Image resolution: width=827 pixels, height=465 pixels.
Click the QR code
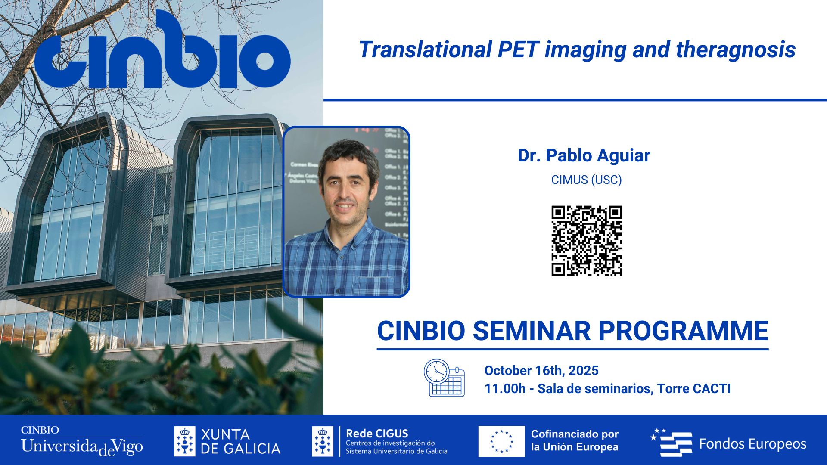pyautogui.click(x=587, y=241)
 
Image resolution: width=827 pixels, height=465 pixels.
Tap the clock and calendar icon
pyautogui.click(x=444, y=378)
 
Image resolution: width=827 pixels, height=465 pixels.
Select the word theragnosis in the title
pyautogui.click(x=736, y=50)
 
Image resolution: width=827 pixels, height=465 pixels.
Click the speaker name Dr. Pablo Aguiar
pyautogui.click(x=584, y=155)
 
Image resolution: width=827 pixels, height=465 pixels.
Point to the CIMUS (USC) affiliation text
pyautogui.click(x=586, y=180)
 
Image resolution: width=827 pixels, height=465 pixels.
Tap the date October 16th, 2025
pyautogui.click(x=541, y=370)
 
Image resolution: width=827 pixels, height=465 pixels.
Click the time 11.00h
pyautogui.click(x=505, y=389)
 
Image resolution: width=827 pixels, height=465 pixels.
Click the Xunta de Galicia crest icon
pyautogui.click(x=184, y=441)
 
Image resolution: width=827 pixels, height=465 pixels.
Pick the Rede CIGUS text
pyautogui.click(x=377, y=433)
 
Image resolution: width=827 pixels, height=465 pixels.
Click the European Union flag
pyautogui.click(x=501, y=441)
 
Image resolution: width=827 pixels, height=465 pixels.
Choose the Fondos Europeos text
pyautogui.click(x=752, y=444)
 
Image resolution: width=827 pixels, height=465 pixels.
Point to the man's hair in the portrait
pyautogui.click(x=348, y=153)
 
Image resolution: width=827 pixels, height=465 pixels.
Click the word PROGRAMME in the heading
pyautogui.click(x=683, y=331)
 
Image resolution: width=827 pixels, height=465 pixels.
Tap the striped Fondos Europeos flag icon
pyautogui.click(x=672, y=443)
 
